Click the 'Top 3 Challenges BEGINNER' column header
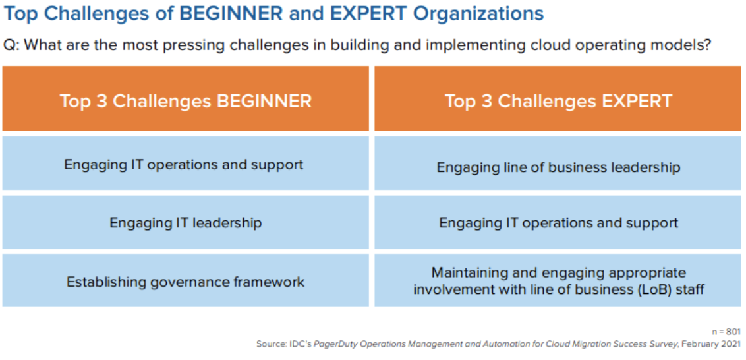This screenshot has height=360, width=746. (186, 99)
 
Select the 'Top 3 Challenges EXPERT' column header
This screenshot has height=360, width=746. (558, 99)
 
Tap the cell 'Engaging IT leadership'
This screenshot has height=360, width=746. (186, 222)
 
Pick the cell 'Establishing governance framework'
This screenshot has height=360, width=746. (186, 281)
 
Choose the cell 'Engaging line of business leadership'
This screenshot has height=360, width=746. (558, 167)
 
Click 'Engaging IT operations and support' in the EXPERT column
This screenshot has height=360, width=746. (558, 222)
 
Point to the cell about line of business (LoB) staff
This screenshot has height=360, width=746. (558, 281)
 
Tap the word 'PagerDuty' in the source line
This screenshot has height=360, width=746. (335, 344)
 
